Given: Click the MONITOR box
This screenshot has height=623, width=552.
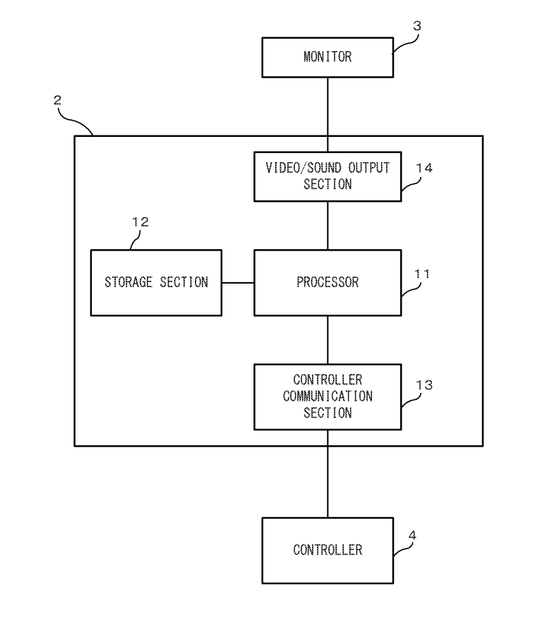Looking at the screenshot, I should (x=328, y=57).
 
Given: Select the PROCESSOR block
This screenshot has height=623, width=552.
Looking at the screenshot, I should (x=328, y=282).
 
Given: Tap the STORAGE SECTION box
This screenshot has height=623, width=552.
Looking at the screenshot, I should (x=156, y=282).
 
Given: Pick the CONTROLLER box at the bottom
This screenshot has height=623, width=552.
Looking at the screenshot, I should (x=328, y=550).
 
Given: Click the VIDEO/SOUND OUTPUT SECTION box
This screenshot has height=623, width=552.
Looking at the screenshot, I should (x=328, y=176).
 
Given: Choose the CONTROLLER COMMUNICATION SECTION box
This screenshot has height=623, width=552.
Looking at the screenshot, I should (x=328, y=397).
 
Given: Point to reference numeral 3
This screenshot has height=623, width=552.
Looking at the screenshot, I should (x=416, y=26).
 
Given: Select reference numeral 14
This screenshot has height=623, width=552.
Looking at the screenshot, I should (x=424, y=168).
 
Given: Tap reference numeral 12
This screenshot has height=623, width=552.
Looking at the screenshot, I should (x=140, y=222).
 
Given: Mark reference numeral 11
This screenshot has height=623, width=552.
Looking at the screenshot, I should (x=421, y=273).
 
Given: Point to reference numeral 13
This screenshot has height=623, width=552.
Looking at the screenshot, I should (x=424, y=385).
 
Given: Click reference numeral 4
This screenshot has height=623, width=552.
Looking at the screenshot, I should (x=412, y=536).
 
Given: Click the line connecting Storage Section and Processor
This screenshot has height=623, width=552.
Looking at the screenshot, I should (x=238, y=282).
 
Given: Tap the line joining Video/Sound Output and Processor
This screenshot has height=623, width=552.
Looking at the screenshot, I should (x=328, y=225).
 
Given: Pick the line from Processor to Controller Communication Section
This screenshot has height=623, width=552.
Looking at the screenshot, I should (x=328, y=339).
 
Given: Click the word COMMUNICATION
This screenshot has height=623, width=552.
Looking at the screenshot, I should (x=328, y=397).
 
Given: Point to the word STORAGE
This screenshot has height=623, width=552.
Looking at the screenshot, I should (x=128, y=282).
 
